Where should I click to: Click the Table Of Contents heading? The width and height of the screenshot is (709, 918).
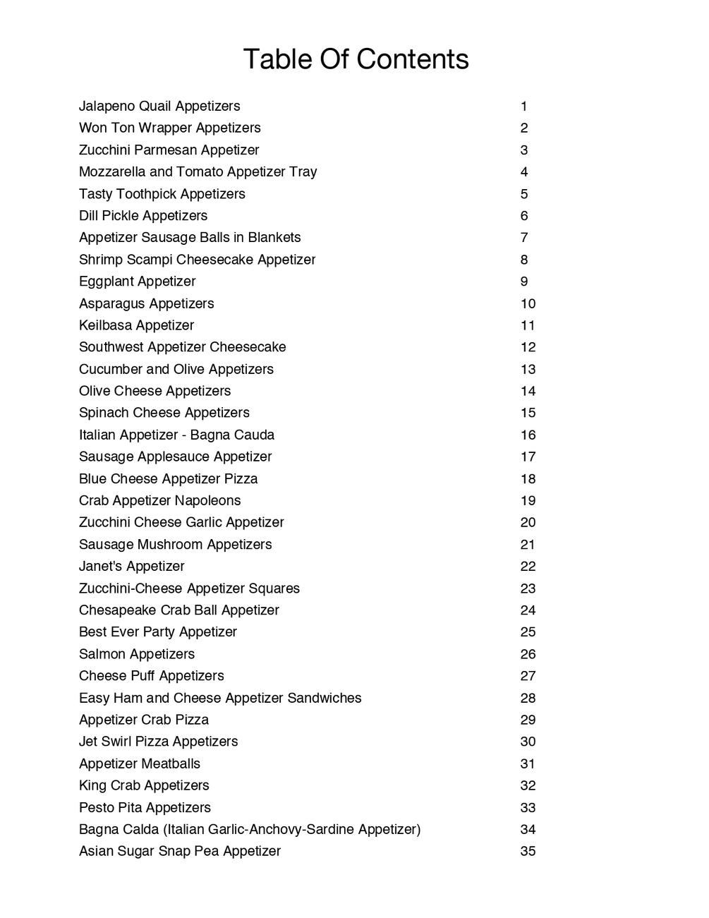[x=356, y=59]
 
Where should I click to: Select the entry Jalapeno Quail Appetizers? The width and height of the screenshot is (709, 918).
[x=159, y=107]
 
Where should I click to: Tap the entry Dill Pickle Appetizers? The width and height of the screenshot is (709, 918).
[x=143, y=216]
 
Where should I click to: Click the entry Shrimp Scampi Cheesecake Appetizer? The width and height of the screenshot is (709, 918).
[x=197, y=260]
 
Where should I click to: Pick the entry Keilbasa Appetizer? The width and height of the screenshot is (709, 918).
[x=136, y=325]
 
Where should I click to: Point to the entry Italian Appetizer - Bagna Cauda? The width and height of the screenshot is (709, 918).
[x=176, y=435]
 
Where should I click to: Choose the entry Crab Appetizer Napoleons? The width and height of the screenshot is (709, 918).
[x=159, y=501]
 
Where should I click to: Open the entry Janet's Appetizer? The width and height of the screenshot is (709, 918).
[x=131, y=567]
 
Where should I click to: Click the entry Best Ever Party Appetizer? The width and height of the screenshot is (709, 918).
[x=158, y=632]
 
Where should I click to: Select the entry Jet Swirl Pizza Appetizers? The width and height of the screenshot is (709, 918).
[x=158, y=742]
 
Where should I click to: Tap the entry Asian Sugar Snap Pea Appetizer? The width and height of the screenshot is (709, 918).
[x=180, y=852]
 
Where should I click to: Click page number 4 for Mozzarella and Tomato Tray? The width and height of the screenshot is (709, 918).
[x=524, y=172]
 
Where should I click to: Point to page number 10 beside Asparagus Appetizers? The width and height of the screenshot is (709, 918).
[x=528, y=304]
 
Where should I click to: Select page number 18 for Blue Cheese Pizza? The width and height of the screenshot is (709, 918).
[x=528, y=479]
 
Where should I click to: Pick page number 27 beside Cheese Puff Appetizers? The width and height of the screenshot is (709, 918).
[x=528, y=676]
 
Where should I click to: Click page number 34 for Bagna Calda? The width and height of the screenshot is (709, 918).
[x=528, y=830]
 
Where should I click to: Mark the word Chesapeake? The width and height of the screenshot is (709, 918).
[x=118, y=610]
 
